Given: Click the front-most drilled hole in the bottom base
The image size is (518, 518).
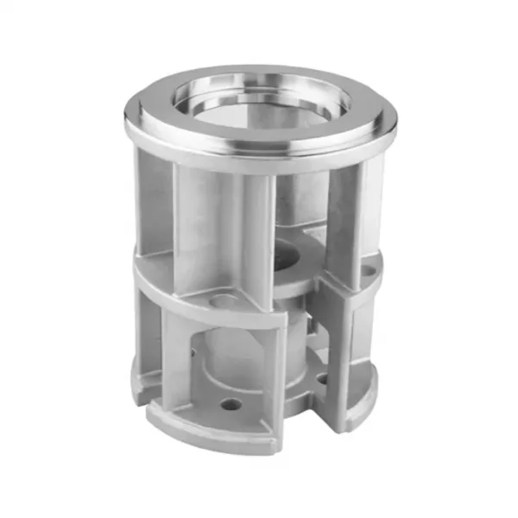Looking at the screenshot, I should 231,403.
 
